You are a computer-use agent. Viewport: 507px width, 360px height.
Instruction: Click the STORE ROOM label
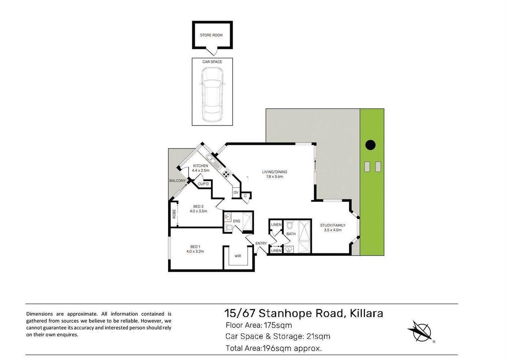pos(211,35)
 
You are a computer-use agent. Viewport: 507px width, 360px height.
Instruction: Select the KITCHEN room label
pos(200,166)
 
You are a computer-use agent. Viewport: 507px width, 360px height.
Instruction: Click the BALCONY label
pos(178,181)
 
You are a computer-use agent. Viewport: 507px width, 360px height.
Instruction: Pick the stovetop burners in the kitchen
pos(226,174)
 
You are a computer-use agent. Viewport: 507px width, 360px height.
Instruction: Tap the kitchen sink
pos(215,163)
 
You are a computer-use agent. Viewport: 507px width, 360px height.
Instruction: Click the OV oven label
pos(236,192)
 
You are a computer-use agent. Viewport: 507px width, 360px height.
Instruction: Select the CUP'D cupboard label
pos(203,184)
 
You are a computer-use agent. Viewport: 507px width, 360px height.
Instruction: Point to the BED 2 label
pos(198,206)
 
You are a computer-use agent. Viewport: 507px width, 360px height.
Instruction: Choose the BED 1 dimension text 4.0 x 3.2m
pos(195,251)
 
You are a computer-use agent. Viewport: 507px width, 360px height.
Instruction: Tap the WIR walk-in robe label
pos(238,256)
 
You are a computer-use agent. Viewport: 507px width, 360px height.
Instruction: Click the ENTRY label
pos(261,243)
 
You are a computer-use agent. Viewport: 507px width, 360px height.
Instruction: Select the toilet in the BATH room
pos(289,225)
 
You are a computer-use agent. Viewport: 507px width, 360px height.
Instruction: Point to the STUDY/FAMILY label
pos(332,225)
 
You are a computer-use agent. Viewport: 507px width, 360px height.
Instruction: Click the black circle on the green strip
pos(371,145)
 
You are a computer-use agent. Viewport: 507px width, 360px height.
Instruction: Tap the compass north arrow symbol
pos(420,331)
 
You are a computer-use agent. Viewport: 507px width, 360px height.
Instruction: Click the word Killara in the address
pos(366,313)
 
